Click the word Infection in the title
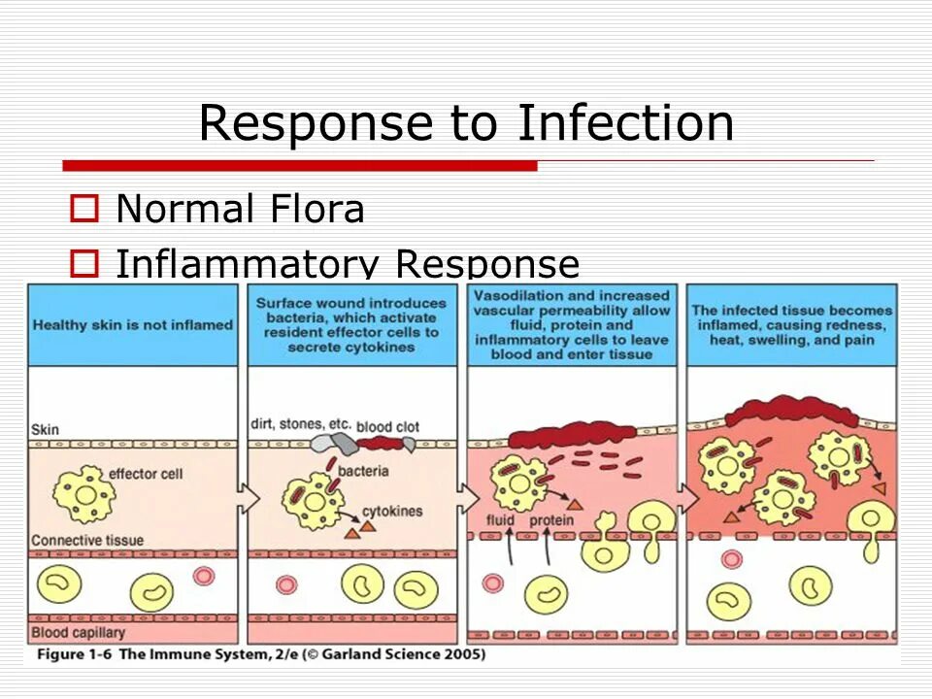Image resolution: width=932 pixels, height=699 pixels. pos(625,123)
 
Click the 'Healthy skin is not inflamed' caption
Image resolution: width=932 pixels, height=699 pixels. pos(133,325)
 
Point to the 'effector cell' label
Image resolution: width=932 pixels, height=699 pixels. pos(146,474)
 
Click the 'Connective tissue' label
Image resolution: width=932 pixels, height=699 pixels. pos(87,540)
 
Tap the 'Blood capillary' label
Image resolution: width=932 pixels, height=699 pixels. pos(79,633)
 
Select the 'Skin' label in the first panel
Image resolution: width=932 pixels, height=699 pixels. pos(46,428)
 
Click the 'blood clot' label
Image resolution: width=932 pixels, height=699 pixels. pos(387,426)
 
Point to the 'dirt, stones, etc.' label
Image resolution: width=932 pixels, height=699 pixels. pos(301,424)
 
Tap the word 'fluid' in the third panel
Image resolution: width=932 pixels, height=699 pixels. pos(500,521)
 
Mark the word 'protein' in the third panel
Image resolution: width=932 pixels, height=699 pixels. pos(551,521)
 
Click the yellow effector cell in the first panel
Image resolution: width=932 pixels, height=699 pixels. pos(82,493)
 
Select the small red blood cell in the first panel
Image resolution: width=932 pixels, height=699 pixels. pos(203,576)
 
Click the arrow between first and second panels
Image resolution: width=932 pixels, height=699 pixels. pos(249,498)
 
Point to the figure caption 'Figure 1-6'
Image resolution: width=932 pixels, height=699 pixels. pos(76,654)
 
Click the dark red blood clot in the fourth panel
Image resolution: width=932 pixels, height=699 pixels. pos(791,412)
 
